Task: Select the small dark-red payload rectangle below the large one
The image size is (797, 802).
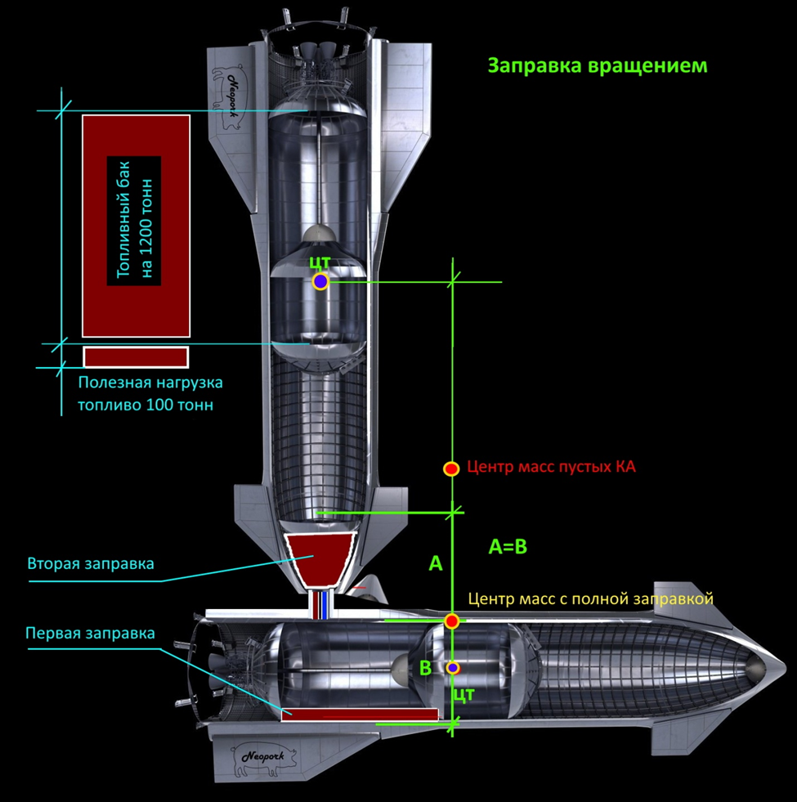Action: [x=136, y=356]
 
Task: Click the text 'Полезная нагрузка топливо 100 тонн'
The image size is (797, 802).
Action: [x=150, y=393]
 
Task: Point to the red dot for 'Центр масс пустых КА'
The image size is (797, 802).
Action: [x=450, y=468]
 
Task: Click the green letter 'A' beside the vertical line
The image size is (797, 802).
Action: [x=435, y=562]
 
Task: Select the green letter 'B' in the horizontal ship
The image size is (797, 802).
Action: [x=425, y=668]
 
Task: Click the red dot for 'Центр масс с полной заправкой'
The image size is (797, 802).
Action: [x=451, y=621]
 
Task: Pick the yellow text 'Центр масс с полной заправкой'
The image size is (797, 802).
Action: [x=590, y=598]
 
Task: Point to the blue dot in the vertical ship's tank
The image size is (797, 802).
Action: [x=320, y=281]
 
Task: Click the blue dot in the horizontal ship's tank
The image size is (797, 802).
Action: [x=453, y=668]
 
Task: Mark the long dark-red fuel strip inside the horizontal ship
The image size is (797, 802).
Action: [x=360, y=715]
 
